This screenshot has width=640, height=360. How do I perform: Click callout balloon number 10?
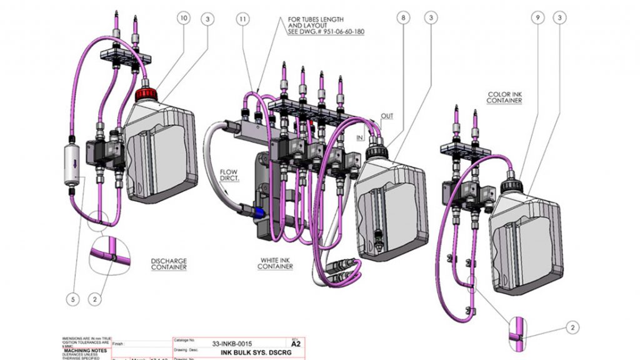click(183, 19)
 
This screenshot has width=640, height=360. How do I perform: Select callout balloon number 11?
click(242, 19)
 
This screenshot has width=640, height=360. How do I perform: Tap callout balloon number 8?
click(403, 19)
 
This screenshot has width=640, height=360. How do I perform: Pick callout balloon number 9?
click(537, 19)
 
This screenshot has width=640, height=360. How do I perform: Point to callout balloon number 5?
click(73, 300)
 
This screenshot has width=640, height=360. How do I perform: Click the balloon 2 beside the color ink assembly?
click(572, 327)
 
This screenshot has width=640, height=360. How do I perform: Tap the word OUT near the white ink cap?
click(387, 117)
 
